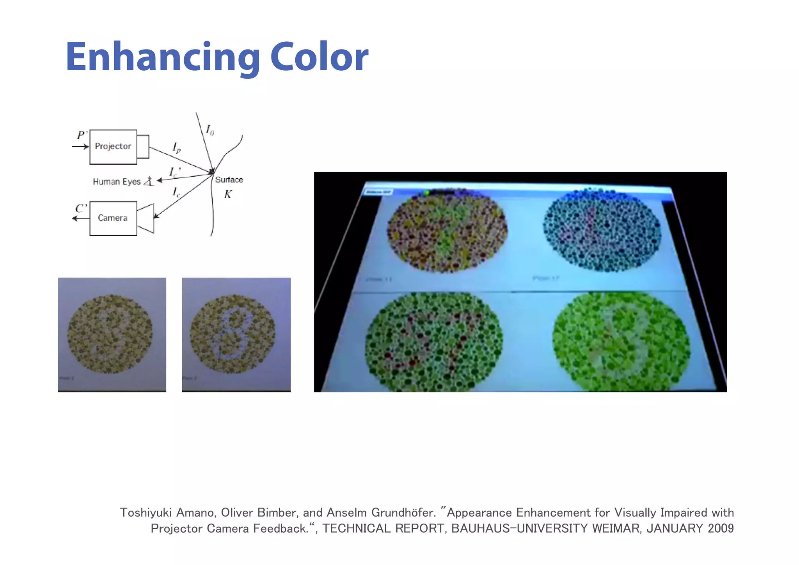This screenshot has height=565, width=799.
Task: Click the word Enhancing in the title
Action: (163, 57)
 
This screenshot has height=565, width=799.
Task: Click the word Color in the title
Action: (319, 57)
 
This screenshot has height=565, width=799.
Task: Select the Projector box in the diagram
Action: (113, 147)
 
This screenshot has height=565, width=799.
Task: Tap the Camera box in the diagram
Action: (113, 218)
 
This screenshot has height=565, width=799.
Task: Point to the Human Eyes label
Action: (117, 182)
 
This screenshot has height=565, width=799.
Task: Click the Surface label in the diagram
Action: (229, 180)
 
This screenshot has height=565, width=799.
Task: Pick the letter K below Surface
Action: (228, 194)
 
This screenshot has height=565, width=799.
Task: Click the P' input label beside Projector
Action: (82, 135)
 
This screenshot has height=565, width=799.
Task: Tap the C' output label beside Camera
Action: (81, 209)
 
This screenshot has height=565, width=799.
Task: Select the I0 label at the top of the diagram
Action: (210, 130)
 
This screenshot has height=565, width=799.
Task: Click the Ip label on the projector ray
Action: (176, 147)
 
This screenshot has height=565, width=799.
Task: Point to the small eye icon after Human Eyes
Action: (149, 181)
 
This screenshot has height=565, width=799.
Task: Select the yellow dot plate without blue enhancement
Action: (110, 334)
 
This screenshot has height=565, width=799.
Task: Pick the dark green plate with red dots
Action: (434, 341)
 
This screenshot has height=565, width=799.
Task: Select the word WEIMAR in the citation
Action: (616, 529)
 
